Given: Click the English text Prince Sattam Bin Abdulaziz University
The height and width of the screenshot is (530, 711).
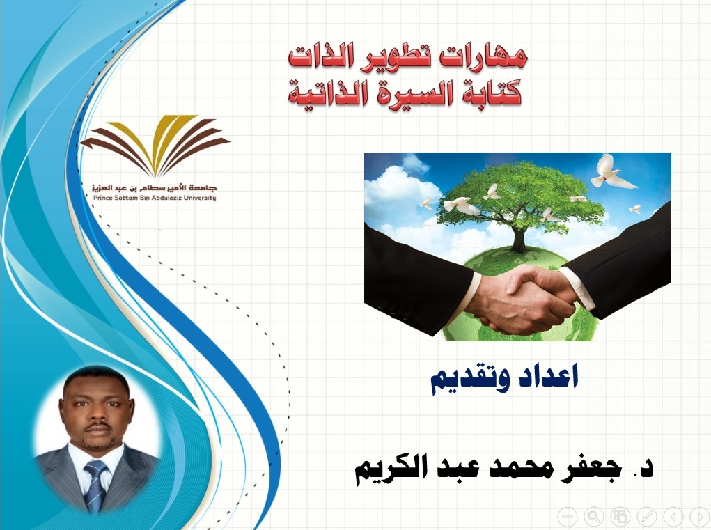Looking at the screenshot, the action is coord(155,198).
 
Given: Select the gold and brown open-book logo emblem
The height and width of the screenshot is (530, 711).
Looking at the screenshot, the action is coord(154,145).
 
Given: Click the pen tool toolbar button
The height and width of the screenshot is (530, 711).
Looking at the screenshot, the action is coord(646,516).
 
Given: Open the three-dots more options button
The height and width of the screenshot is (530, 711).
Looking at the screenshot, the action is coord(568,516).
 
